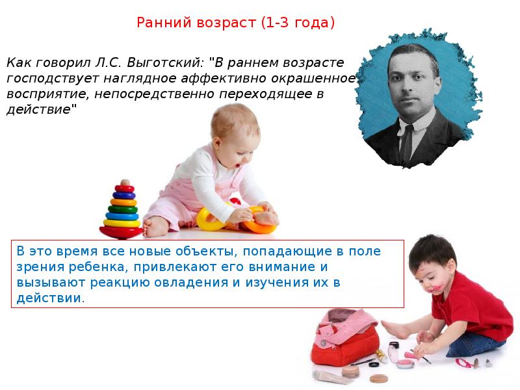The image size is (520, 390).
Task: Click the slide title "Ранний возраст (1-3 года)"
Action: coord(235,23)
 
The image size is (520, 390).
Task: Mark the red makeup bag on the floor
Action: coord(338,344)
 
